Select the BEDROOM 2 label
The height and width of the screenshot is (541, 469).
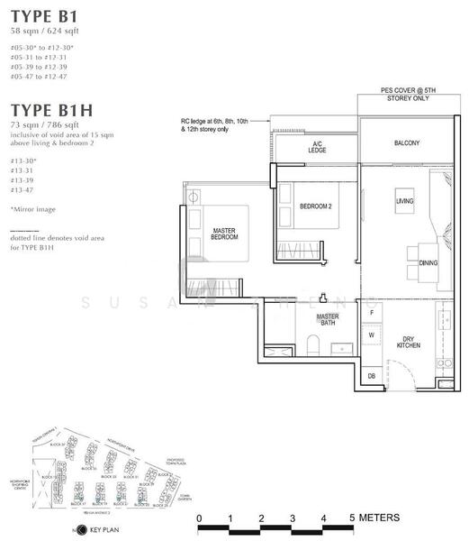[316, 206]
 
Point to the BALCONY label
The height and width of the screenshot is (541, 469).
[407, 143]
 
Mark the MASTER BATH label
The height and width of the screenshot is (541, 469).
[328, 319]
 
